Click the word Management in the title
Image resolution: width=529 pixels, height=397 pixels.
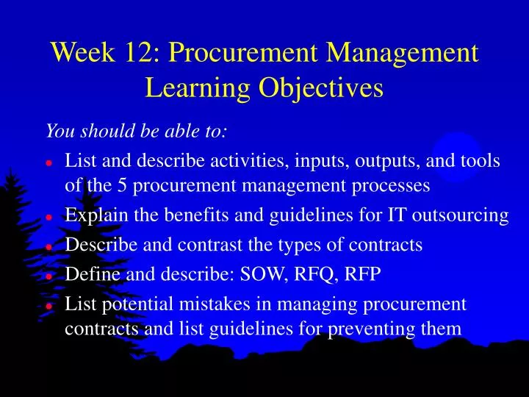403,53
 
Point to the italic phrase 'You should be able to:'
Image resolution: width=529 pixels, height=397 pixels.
137,132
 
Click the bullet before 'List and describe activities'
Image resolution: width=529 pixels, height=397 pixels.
48,162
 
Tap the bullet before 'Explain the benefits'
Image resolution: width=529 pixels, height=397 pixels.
48,217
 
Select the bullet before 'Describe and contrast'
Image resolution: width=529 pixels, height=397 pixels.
48,247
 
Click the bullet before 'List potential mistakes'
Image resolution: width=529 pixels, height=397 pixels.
48,306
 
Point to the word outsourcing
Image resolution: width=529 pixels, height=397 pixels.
463,215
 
